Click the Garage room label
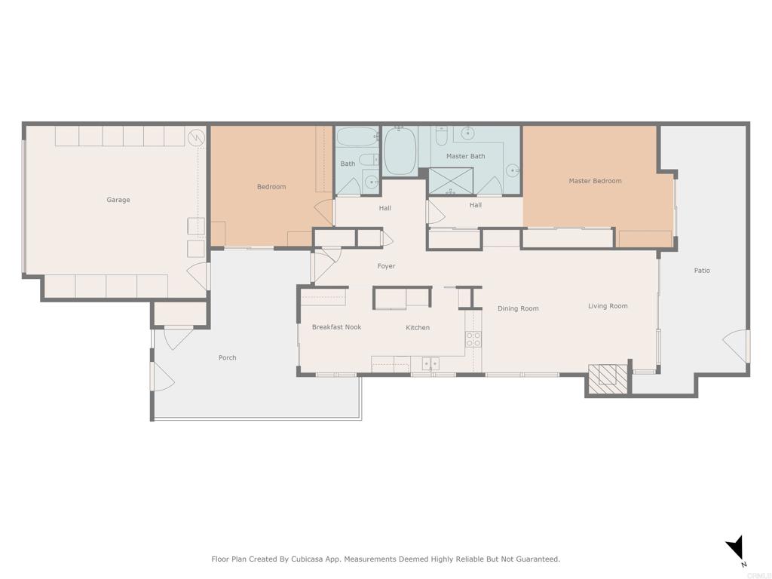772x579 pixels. coord(118,200)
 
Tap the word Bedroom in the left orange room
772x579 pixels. coord(271,186)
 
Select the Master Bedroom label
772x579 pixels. coord(595,181)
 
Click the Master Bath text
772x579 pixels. coord(465,156)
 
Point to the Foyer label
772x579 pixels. coord(386,266)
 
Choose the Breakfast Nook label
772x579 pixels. coord(336,327)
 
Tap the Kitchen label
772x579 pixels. coord(418,327)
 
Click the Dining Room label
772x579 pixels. coord(518,308)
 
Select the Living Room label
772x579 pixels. coord(608,306)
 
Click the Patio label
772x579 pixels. coord(702,271)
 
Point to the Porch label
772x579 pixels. coord(227,357)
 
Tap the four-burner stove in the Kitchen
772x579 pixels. coord(473,339)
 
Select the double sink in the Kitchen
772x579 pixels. coord(430,364)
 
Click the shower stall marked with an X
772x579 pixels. coord(451,182)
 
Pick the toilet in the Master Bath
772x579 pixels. coord(442,136)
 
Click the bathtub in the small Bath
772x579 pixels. coord(355,137)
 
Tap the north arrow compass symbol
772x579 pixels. coord(736,549)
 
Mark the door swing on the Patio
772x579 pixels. coord(737,346)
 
